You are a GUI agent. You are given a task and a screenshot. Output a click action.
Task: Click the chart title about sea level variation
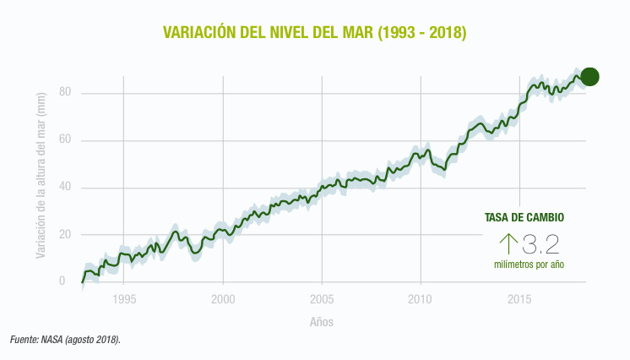click(x=314, y=33)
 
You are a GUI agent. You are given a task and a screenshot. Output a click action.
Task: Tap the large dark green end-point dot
click(x=589, y=76)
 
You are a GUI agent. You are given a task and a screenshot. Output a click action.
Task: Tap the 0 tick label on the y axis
click(x=62, y=281)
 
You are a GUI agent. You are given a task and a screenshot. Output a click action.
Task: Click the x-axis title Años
click(x=322, y=322)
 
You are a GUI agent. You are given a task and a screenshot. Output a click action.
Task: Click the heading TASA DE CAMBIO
click(x=524, y=218)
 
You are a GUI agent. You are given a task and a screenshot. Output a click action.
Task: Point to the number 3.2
click(x=541, y=245)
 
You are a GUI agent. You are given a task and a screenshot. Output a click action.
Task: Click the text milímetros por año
click(x=529, y=265)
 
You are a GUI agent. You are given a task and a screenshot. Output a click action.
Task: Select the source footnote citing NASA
click(x=66, y=340)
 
